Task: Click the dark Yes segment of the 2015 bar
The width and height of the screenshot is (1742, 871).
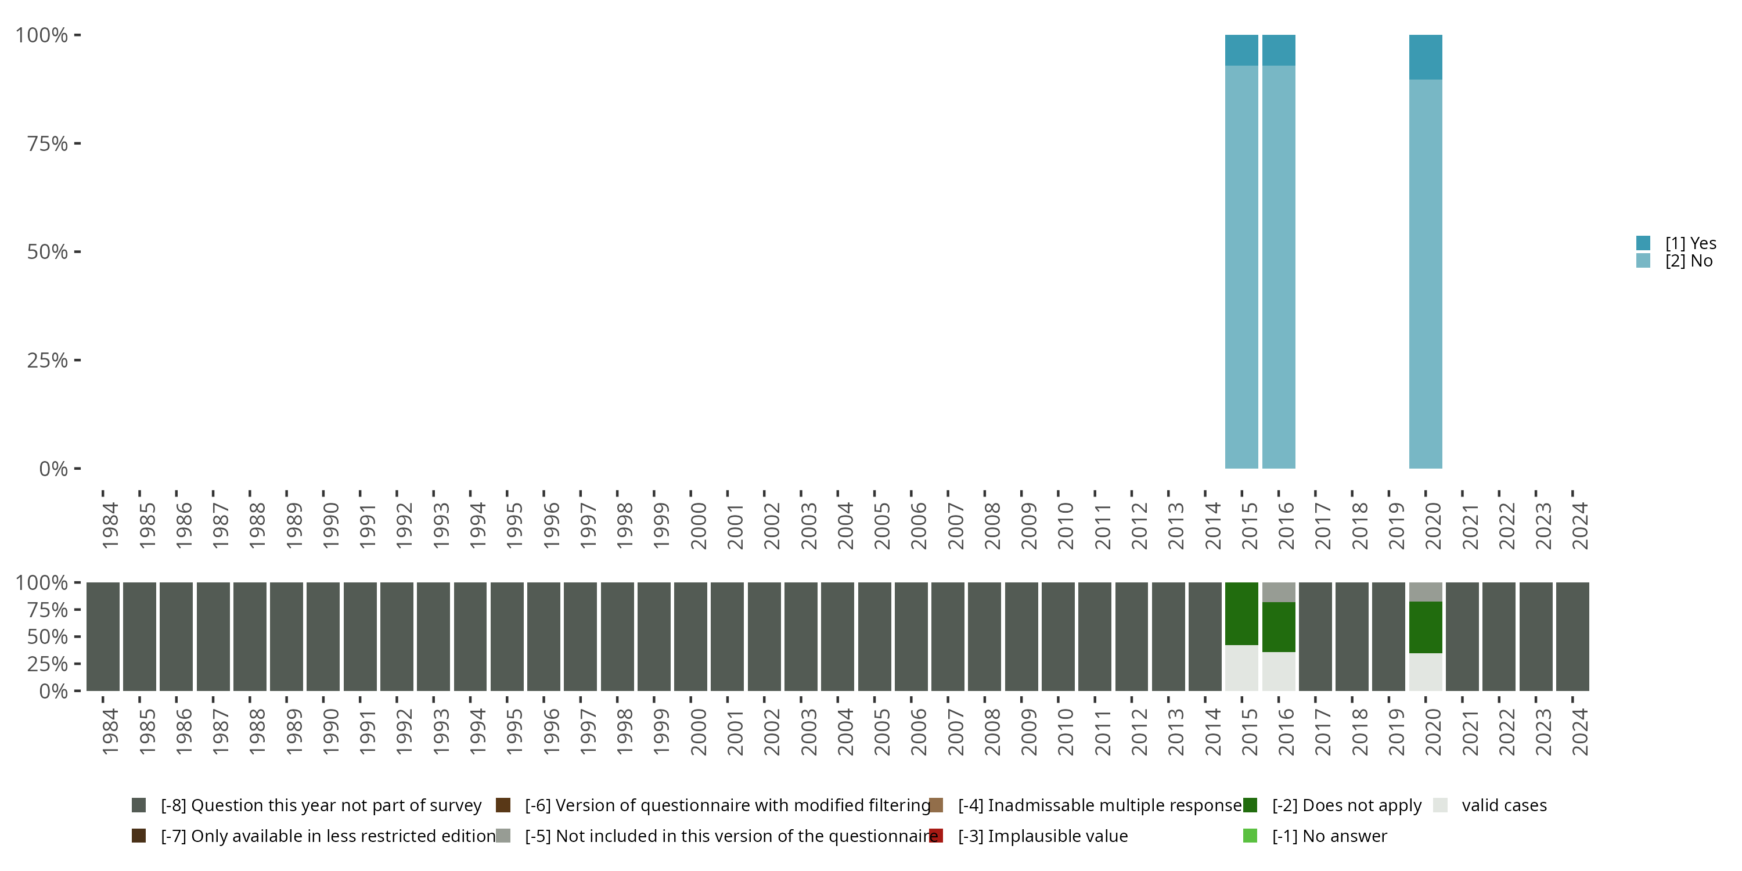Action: click(1241, 50)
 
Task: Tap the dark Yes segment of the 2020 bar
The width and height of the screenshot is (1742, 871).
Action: click(1425, 57)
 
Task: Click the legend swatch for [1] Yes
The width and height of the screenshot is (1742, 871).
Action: click(1643, 243)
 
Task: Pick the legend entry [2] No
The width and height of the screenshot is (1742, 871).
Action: click(1688, 261)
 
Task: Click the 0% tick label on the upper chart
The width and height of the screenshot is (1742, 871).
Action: click(53, 469)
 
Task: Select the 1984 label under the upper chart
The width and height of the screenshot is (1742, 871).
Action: click(110, 526)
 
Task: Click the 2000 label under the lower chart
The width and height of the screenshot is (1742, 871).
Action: click(698, 732)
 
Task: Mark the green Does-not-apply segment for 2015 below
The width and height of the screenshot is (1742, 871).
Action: click(1241, 613)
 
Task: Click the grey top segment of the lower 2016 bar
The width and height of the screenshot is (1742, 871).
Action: click(1278, 592)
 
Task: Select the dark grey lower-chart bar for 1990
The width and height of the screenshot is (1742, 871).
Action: click(323, 636)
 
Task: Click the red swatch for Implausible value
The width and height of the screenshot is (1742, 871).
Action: click(936, 836)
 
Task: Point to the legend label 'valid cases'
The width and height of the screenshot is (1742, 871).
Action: click(1504, 805)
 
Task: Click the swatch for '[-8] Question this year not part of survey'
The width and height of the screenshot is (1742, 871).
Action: click(139, 805)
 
